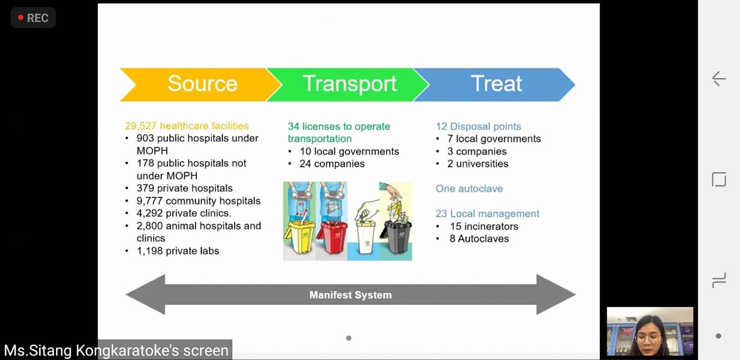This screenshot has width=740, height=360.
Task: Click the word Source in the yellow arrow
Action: coord(203,83)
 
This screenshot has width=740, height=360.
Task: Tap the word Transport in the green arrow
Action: coord(349,84)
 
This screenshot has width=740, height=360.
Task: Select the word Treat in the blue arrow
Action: coord(496,83)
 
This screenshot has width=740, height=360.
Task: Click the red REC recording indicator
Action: coord(33,18)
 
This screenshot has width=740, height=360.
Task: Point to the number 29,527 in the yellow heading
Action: coord(140,126)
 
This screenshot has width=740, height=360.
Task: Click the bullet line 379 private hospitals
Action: coord(185,188)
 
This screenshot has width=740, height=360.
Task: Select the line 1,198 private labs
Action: coord(178,251)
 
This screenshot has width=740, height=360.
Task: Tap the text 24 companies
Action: coord(332,164)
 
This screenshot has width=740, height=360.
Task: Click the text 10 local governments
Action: coord(349,151)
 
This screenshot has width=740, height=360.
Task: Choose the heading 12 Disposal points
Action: coord(478,126)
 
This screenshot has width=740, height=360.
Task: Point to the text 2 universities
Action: coord(478,164)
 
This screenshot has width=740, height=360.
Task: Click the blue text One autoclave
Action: coord(469,188)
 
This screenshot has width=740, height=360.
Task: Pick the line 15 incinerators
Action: coord(484,226)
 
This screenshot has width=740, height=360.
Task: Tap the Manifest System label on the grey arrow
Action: coord(351,295)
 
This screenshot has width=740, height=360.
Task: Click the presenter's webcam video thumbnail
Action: coord(650,331)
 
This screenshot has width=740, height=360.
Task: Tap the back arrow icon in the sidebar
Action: coord(719,79)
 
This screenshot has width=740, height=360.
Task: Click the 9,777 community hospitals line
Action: coord(198,201)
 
